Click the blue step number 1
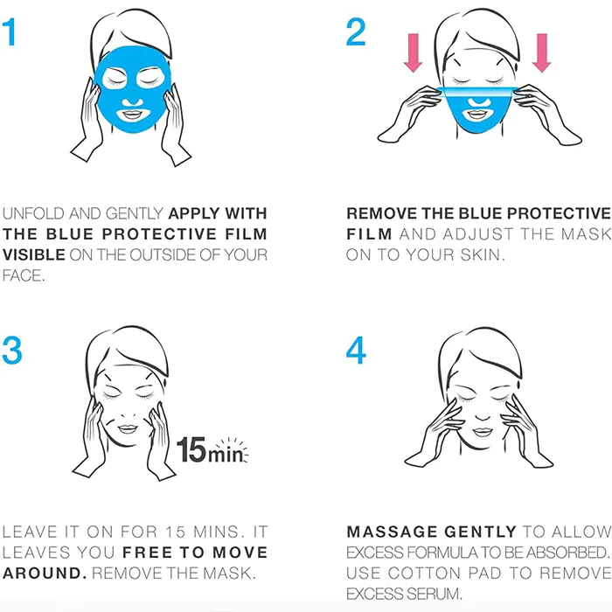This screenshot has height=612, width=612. tap(10, 32)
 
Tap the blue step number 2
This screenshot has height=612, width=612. tap(356, 32)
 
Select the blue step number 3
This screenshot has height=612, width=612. tap(11, 351)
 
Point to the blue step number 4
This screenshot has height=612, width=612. tap(356, 351)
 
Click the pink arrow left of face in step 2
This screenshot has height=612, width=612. tap(413, 52)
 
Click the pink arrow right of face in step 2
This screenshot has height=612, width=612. tap(542, 52)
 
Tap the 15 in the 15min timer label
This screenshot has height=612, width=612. tap(191, 450)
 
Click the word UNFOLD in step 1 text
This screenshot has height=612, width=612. tap(33, 213)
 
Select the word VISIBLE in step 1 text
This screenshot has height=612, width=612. tap(33, 255)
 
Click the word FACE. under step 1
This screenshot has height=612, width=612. tap(24, 275)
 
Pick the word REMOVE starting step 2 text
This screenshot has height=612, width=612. tap(382, 213)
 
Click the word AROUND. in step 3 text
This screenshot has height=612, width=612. tap(45, 574)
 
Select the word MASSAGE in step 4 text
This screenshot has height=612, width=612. tap(392, 532)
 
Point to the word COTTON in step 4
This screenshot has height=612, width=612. tap(425, 574)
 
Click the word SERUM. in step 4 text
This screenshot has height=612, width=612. tap(433, 594)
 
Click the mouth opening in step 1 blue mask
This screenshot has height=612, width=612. tap(132, 115)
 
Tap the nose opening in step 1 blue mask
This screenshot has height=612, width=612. tap(133, 101)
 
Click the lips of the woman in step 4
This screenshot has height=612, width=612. tap(483, 432)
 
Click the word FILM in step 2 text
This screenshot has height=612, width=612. tap(369, 234)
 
